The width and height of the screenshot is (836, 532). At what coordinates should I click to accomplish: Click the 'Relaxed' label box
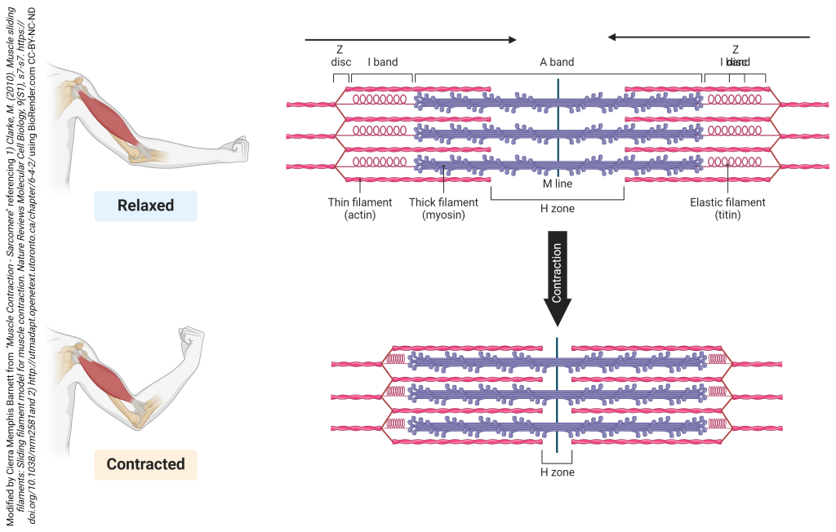pyautogui.click(x=145, y=206)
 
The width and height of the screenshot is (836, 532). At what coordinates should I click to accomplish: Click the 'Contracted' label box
pyautogui.click(x=145, y=464)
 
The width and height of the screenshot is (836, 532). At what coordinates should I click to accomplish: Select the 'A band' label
pyautogui.click(x=557, y=62)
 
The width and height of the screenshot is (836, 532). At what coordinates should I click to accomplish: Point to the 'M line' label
pyautogui.click(x=558, y=184)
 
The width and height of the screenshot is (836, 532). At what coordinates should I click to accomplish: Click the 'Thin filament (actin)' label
pyautogui.click(x=360, y=209)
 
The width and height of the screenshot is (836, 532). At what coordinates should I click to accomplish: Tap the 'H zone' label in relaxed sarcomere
pyautogui.click(x=558, y=209)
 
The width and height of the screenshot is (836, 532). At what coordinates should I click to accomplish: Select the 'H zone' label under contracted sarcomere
pyautogui.click(x=558, y=472)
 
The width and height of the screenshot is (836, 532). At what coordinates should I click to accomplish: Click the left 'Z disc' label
pyautogui.click(x=340, y=55)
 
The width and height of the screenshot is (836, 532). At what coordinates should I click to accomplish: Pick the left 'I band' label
pyautogui.click(x=382, y=62)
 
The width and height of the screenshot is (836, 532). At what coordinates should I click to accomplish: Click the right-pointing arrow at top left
pyautogui.click(x=411, y=38)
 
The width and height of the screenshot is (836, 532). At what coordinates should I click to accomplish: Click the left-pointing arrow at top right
pyautogui.click(x=708, y=37)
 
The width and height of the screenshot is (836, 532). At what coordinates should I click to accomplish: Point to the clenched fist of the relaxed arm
pyautogui.click(x=238, y=148)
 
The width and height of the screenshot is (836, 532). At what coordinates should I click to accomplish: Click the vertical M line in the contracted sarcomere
pyautogui.click(x=558, y=395)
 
